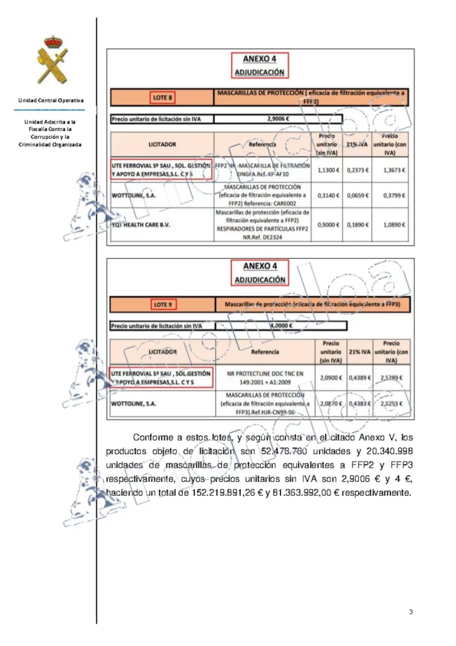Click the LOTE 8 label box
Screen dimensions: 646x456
tap(162, 98)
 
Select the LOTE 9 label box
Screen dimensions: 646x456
tap(162, 305)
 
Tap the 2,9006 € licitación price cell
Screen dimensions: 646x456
tap(278, 118)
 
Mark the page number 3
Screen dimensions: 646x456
tap(411, 612)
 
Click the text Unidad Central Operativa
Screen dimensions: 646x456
tap(51, 100)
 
